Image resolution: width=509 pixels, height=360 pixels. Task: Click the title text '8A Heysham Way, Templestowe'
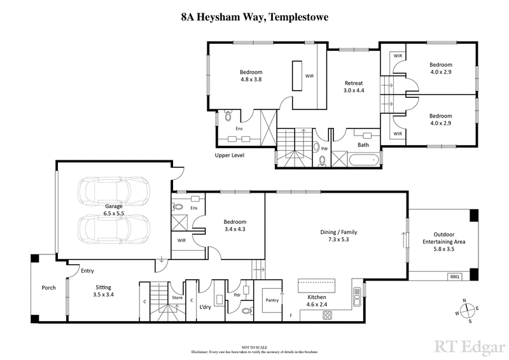pos(254,18)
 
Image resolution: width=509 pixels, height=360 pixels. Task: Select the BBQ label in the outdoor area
pos(454,276)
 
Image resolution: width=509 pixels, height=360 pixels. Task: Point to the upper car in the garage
pos(113,190)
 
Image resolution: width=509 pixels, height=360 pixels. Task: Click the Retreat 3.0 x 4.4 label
pos(353,87)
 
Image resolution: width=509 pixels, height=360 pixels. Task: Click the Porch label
pos(48,287)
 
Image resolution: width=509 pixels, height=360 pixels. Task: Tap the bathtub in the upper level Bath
pos(364,156)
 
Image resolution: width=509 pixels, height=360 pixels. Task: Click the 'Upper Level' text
pos(230,155)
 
